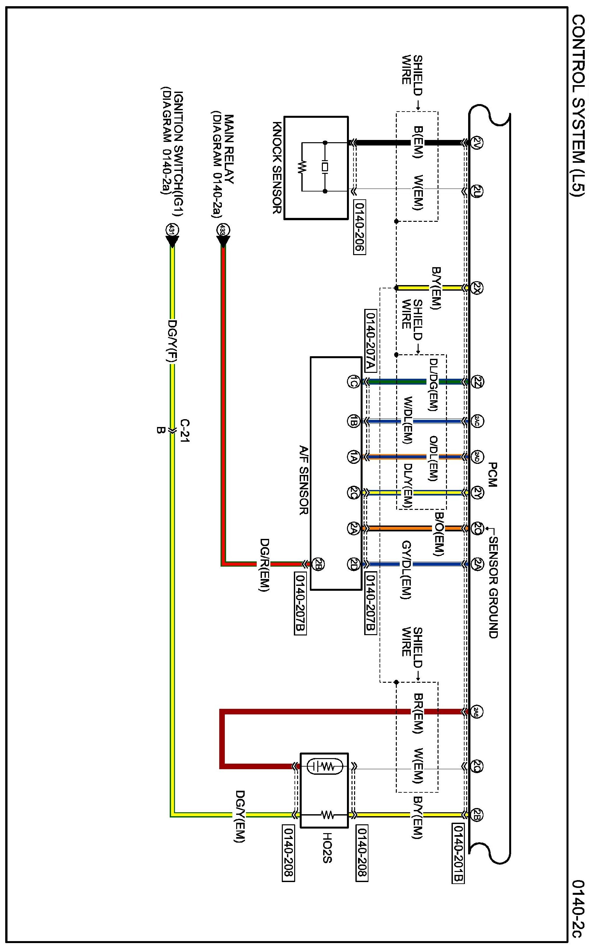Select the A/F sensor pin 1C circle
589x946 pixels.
click(353, 382)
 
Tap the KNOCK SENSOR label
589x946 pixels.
click(277, 168)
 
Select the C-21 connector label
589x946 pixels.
click(185, 431)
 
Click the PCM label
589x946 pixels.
click(492, 475)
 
